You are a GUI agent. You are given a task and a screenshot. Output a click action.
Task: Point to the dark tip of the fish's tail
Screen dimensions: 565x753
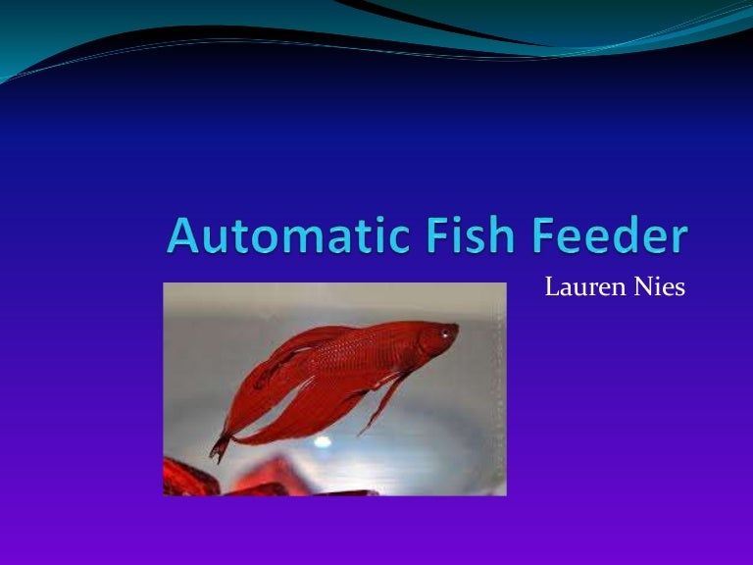[219, 448]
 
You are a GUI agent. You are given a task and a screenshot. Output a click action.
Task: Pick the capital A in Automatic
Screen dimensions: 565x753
[185, 238]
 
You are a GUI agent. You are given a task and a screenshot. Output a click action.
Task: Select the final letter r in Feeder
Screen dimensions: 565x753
[678, 242]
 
